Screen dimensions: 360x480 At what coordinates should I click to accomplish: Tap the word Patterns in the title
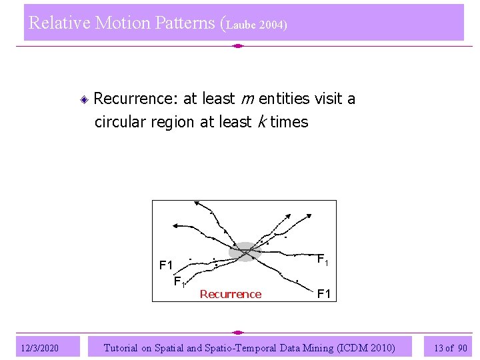click(x=183, y=23)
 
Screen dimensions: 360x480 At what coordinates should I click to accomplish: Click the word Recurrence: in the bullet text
click(x=136, y=99)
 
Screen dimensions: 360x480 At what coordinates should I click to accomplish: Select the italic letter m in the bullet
click(x=246, y=99)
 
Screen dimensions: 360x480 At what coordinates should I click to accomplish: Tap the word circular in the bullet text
click(x=119, y=122)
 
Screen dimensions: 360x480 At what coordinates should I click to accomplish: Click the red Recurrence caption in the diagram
click(x=231, y=294)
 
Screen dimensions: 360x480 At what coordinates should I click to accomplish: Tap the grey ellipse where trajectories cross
click(x=246, y=251)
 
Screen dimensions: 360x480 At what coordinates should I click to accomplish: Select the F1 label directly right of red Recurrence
click(x=324, y=293)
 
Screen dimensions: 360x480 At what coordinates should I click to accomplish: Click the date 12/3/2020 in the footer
click(x=40, y=348)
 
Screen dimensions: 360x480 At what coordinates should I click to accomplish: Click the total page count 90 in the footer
click(x=462, y=348)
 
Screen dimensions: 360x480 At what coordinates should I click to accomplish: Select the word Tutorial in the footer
click(x=122, y=348)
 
